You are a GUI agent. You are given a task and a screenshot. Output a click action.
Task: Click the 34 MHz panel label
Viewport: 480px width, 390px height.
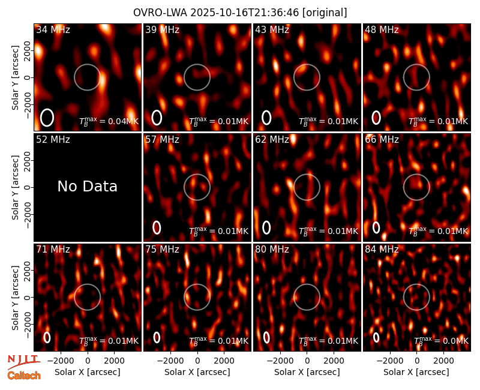[x=53, y=29]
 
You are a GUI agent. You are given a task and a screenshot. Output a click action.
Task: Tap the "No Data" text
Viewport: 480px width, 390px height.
[x=88, y=186]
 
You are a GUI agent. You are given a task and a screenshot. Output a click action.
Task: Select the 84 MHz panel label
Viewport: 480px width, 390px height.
[x=382, y=250]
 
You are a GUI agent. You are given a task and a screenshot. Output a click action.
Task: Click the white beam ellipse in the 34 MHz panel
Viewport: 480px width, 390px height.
[x=47, y=118]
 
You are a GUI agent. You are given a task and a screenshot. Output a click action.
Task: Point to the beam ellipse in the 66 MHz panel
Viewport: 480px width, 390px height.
[x=376, y=227]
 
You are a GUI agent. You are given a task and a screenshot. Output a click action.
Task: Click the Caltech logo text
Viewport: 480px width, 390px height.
[x=24, y=376]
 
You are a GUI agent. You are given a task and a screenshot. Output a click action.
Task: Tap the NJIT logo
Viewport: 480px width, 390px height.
[x=23, y=361]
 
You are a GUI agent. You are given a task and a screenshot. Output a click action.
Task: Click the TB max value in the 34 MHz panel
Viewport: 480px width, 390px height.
[x=109, y=121]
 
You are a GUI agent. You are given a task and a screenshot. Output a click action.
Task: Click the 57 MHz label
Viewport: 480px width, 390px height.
[x=162, y=140]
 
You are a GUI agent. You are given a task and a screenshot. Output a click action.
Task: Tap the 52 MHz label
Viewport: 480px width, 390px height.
[x=53, y=140]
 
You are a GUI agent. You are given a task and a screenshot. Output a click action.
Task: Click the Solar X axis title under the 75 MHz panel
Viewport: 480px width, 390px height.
[x=197, y=372]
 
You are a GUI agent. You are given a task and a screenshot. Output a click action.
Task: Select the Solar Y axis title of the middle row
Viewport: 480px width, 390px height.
[x=16, y=187]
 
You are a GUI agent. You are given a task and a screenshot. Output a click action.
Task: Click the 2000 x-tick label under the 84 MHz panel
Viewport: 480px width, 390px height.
[x=443, y=361]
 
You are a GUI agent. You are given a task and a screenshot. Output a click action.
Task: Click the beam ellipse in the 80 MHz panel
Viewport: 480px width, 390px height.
[x=266, y=337]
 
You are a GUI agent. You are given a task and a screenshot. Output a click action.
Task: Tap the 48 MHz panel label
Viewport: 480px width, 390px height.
[x=382, y=29]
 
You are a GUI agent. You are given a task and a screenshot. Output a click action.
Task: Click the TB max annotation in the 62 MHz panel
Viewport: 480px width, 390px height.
[x=328, y=231]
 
